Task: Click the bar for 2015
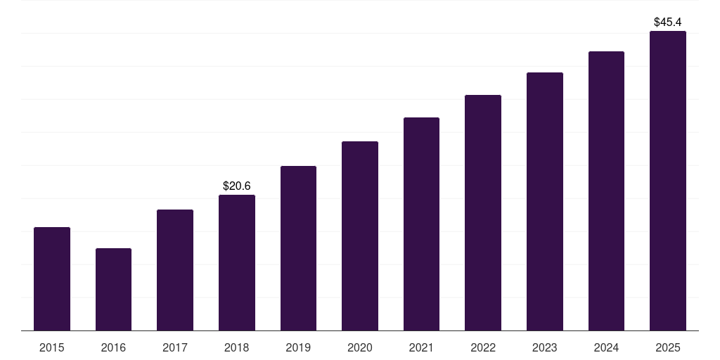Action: coord(52,279)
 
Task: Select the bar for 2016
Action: coord(113,290)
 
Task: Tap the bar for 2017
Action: coord(175,270)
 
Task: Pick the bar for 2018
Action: coord(237,263)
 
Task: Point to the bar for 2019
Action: coord(298,248)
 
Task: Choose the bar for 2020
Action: coord(360,236)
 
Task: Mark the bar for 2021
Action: coord(421,224)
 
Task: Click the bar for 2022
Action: coord(483,213)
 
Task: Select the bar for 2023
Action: coord(545,202)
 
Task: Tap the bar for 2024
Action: coord(606,191)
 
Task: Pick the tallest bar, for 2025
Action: coord(668,181)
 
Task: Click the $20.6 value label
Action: coord(237,186)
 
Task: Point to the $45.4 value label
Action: coord(668,22)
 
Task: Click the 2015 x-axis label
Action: coord(52,347)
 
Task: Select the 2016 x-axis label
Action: coord(113,347)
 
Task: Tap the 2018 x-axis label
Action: coord(237,347)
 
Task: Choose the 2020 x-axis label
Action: coord(360,347)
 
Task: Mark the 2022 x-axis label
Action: coord(483,347)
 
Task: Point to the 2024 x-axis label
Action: coord(606,347)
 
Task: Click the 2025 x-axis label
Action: coord(668,347)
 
